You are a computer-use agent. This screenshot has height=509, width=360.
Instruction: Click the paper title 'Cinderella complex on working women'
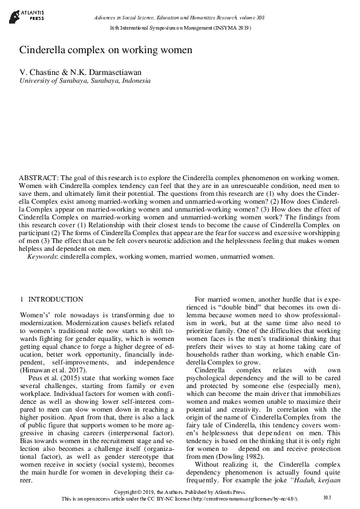click(105, 50)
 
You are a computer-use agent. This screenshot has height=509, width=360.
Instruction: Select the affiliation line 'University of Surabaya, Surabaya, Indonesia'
click(84, 80)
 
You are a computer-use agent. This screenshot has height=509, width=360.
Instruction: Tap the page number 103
click(327, 497)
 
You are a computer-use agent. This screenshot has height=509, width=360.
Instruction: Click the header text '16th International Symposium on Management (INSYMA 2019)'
click(180, 28)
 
